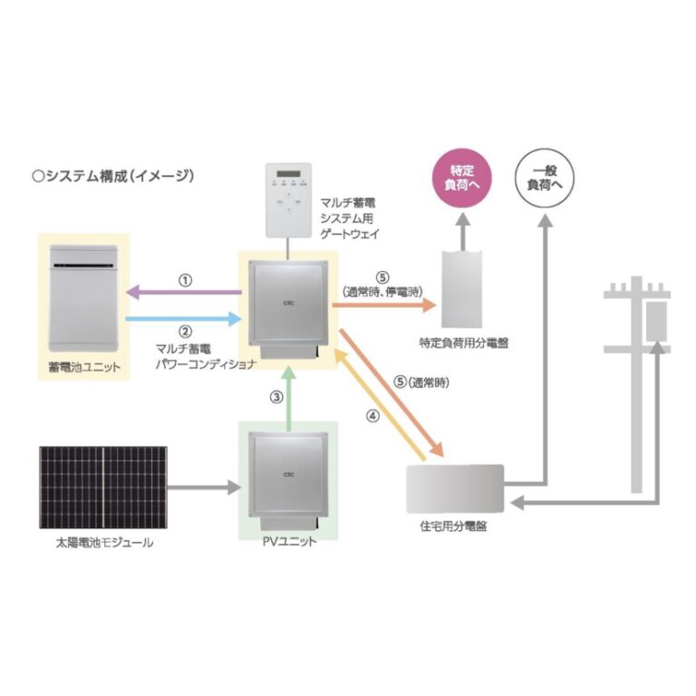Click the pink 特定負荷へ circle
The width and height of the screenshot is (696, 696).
[x=462, y=178]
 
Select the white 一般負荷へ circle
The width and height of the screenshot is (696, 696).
[x=544, y=178]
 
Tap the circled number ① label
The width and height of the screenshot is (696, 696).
[x=185, y=281]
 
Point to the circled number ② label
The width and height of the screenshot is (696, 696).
[x=185, y=332]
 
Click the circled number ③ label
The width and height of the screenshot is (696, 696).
[x=276, y=397]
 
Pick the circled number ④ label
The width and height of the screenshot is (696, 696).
[x=372, y=416]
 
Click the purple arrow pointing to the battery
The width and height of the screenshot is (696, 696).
[x=184, y=293]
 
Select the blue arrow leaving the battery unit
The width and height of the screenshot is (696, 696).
[x=184, y=319]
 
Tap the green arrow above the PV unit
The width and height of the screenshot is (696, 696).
[x=289, y=399]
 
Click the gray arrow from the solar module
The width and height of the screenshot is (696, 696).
[x=204, y=488]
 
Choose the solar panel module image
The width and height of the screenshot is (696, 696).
[x=103, y=488]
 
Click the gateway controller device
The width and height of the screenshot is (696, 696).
[x=288, y=200]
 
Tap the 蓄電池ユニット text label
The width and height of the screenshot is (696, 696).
[x=84, y=367]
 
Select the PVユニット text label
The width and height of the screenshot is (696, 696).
[x=289, y=541]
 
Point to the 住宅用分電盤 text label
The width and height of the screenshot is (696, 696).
[x=453, y=526]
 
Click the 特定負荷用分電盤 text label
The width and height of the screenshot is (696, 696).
[x=464, y=343]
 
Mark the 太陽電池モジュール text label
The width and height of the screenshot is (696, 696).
[x=104, y=543]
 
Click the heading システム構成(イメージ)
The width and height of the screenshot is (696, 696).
[x=113, y=176]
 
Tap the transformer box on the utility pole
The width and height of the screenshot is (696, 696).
[x=656, y=321]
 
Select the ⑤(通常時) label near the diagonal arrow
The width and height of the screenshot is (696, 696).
[x=421, y=382]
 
